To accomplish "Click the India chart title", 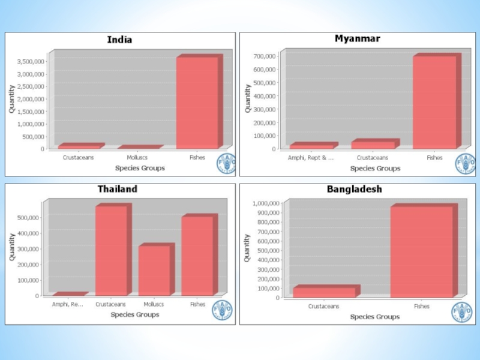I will coord(119,40).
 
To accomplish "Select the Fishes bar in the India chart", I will coord(197,102).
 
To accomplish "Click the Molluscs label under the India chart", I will coord(137,158).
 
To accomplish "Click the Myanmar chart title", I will coord(357,38).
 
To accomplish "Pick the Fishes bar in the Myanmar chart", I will coord(434,102).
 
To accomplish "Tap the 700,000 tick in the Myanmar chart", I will coord(265,56).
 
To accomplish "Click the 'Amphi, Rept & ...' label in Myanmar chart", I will coord(311,158).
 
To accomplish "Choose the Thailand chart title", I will coord(118,189).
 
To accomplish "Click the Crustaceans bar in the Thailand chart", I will coord(111,251).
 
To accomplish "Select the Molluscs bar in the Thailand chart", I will coord(154,271).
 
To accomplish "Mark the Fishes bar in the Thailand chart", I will coord(197,256).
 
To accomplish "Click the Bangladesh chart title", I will coord(354,189).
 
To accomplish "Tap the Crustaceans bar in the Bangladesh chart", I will coord(324,292).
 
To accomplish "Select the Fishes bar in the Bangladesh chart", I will coord(421,252).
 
